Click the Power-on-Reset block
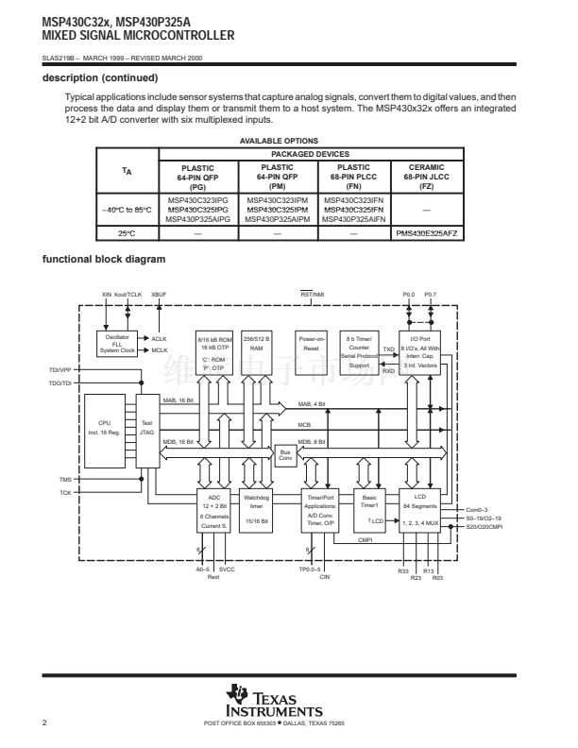(311, 343)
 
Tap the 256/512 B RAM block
(256, 343)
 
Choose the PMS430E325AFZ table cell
(426, 232)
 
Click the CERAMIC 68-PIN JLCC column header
(426, 177)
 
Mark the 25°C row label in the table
(127, 232)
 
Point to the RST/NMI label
(312, 295)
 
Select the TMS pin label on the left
(65, 481)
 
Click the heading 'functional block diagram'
(104, 260)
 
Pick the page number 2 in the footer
(45, 723)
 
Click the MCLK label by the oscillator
(158, 349)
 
